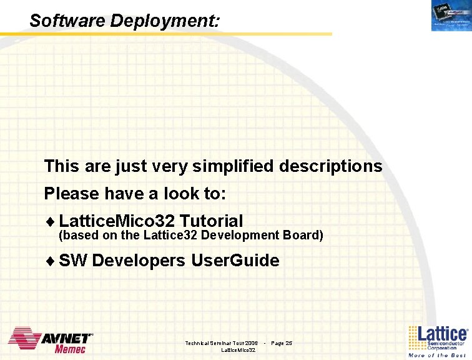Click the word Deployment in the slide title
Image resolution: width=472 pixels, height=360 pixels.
[x=165, y=21]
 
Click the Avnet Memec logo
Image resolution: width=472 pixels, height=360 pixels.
[x=51, y=341]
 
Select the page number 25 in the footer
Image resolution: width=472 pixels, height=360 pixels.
[x=288, y=343]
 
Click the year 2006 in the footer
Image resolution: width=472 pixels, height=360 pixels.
[x=252, y=343]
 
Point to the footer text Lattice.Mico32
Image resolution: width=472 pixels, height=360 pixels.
[x=238, y=351]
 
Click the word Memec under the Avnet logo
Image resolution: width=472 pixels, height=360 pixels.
[x=70, y=349]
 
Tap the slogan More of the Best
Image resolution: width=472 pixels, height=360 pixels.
[x=437, y=355]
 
